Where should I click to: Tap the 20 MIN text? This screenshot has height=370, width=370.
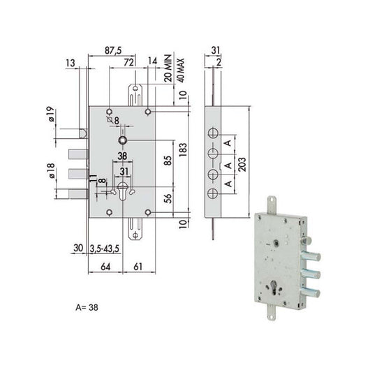pyautogui.click(x=168, y=72)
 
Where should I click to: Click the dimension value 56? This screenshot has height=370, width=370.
pyautogui.click(x=168, y=199)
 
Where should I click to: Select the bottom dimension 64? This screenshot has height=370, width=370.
pyautogui.click(x=105, y=266)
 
